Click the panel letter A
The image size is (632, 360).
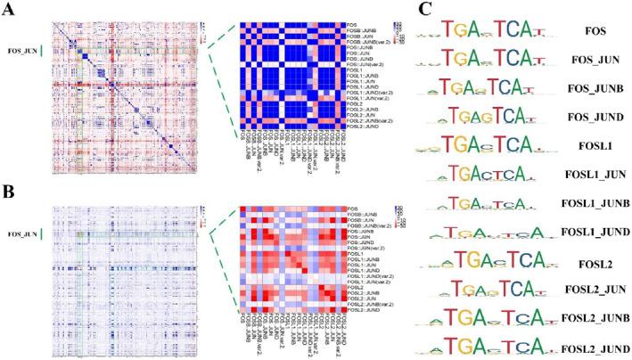(x=9, y=10)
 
